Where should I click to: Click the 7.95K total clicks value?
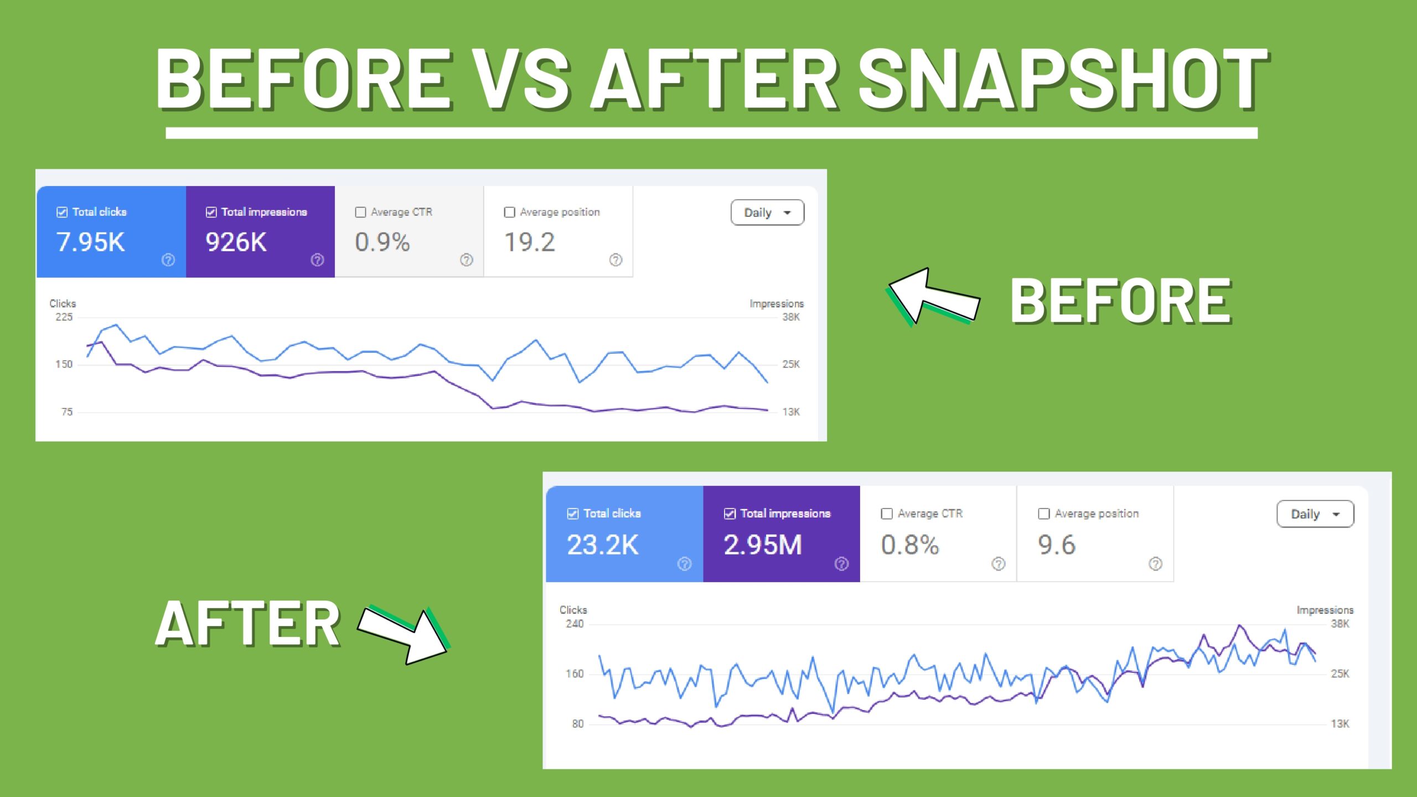[x=91, y=242]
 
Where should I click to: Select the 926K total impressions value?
[x=236, y=242]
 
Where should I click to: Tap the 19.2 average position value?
[x=529, y=242]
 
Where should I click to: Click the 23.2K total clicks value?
[x=603, y=545]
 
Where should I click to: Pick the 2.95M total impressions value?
[x=763, y=545]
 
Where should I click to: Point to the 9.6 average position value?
[x=1056, y=545]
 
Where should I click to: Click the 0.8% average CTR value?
[x=910, y=545]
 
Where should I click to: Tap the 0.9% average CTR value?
[x=382, y=242]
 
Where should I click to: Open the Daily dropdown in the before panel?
[x=767, y=213]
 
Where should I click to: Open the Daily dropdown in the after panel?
[x=1315, y=514]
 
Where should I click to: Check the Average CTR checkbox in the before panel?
[x=360, y=212]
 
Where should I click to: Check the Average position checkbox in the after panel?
[x=1044, y=514]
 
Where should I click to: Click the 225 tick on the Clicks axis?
[x=64, y=317]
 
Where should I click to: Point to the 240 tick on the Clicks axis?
[x=575, y=624]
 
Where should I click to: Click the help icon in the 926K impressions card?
[x=317, y=260]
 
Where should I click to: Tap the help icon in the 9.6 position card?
[x=1155, y=563]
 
